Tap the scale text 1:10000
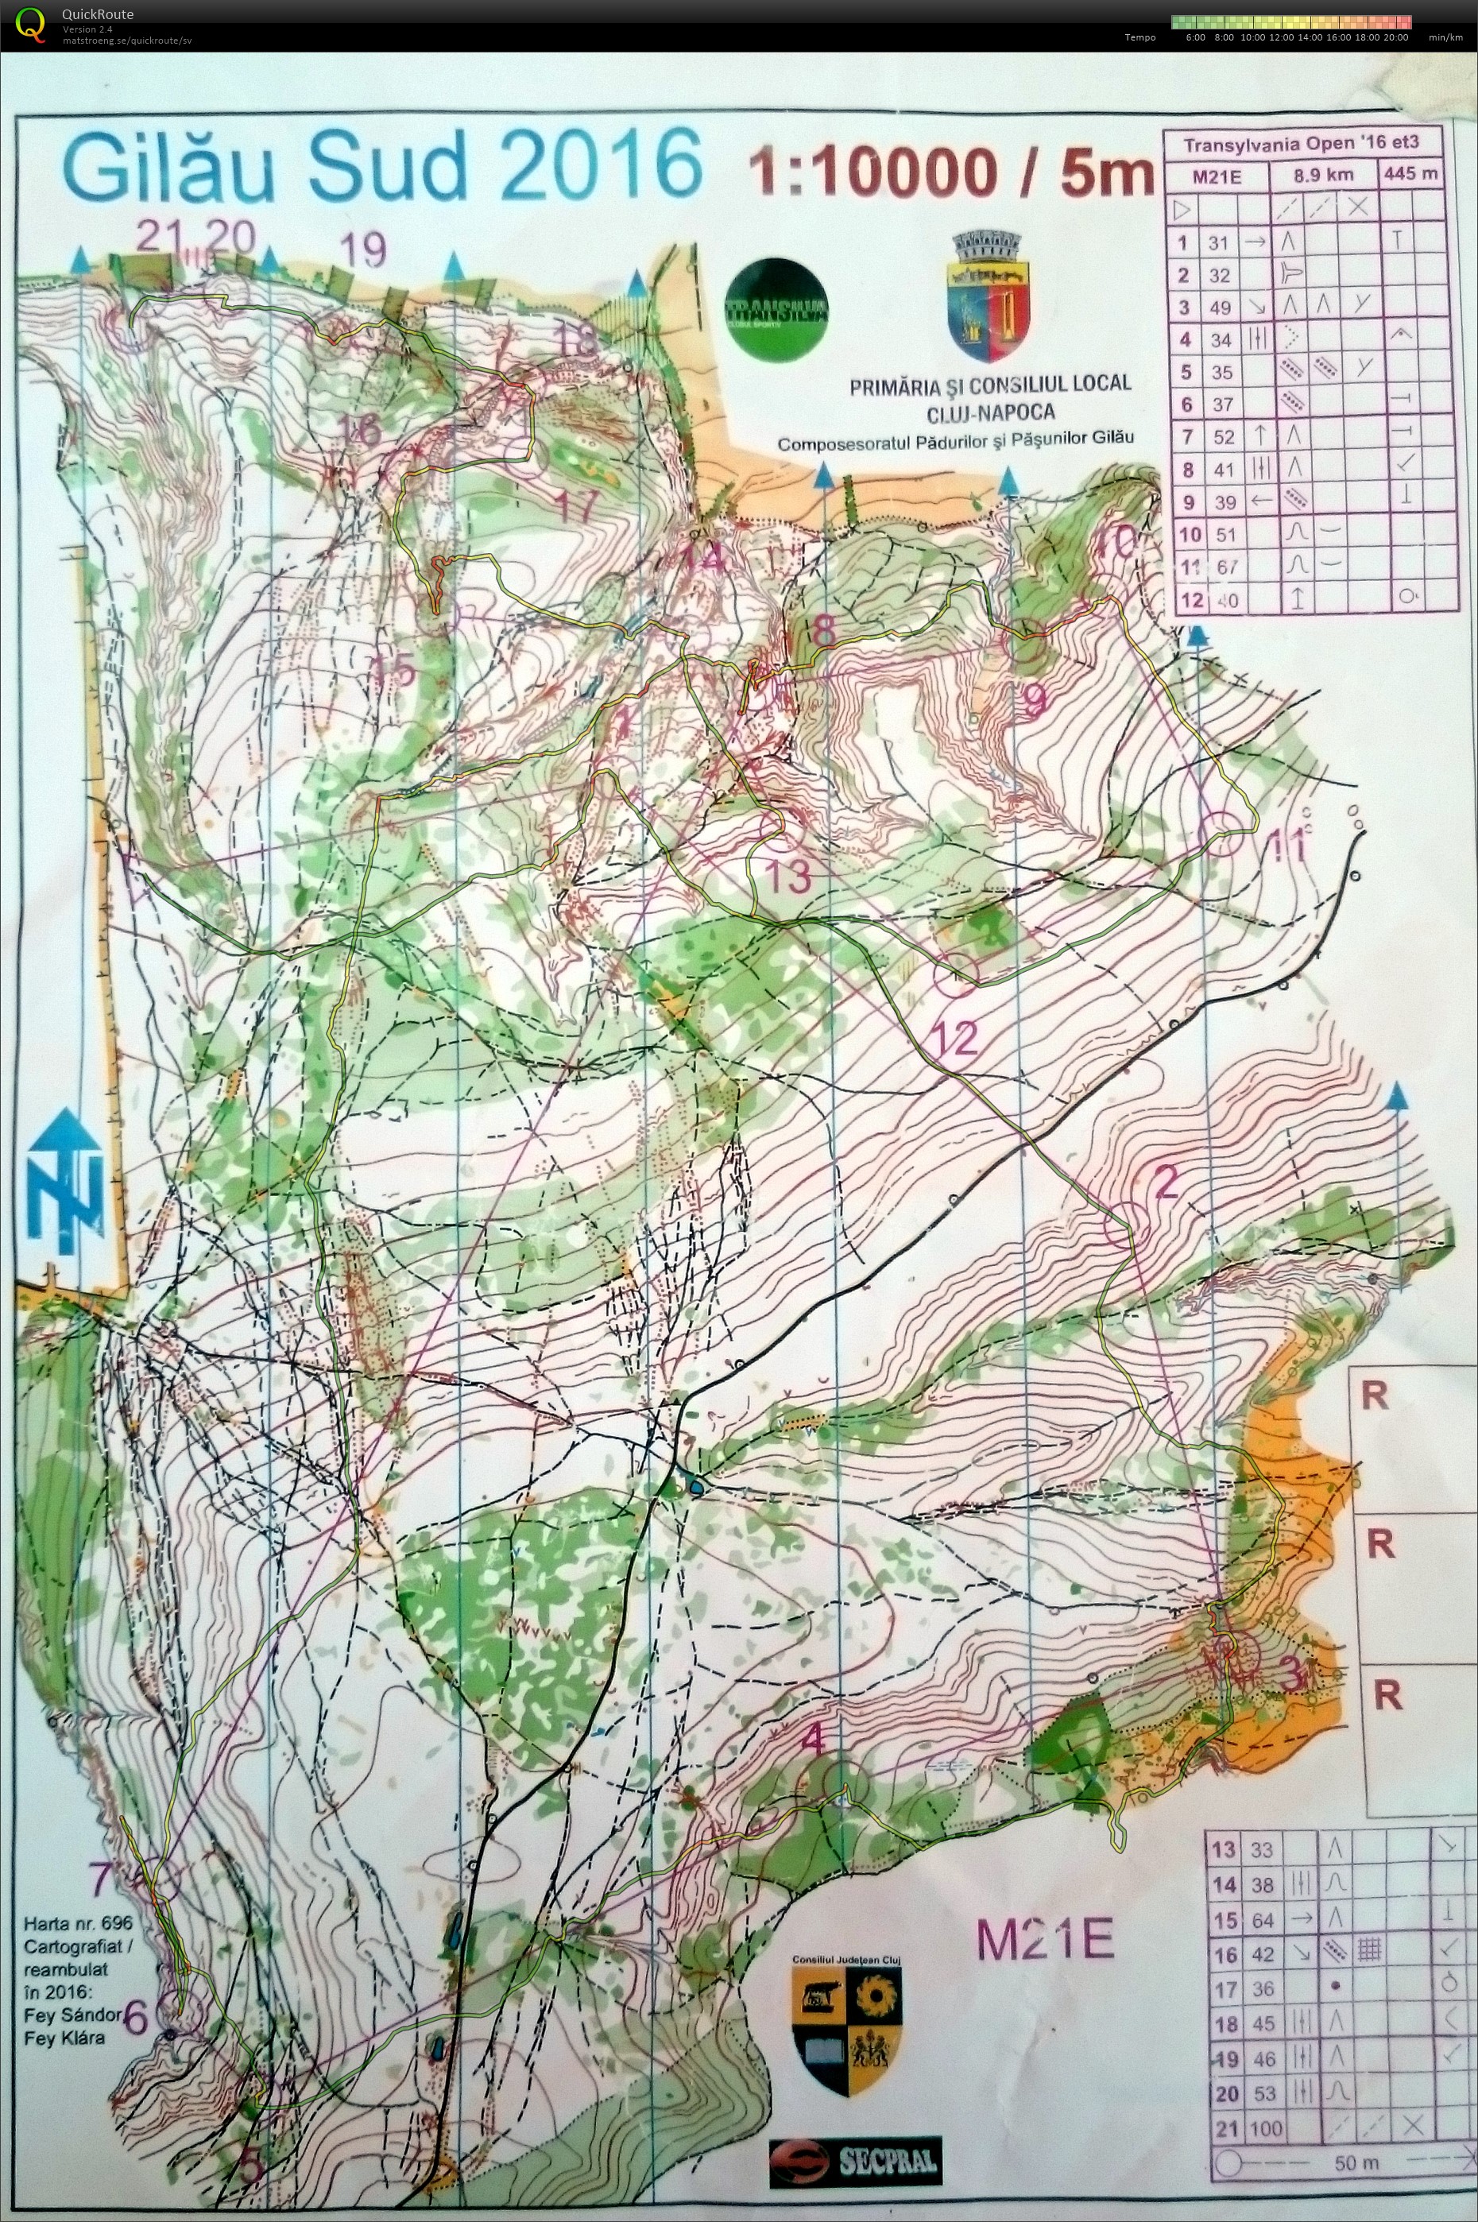pos(872,173)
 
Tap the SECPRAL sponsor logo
pos(854,2152)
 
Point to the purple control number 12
pos(955,1038)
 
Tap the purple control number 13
pos(789,876)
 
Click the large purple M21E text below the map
pos(1044,1939)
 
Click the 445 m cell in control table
pos(1411,174)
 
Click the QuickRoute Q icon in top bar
pos(31,25)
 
